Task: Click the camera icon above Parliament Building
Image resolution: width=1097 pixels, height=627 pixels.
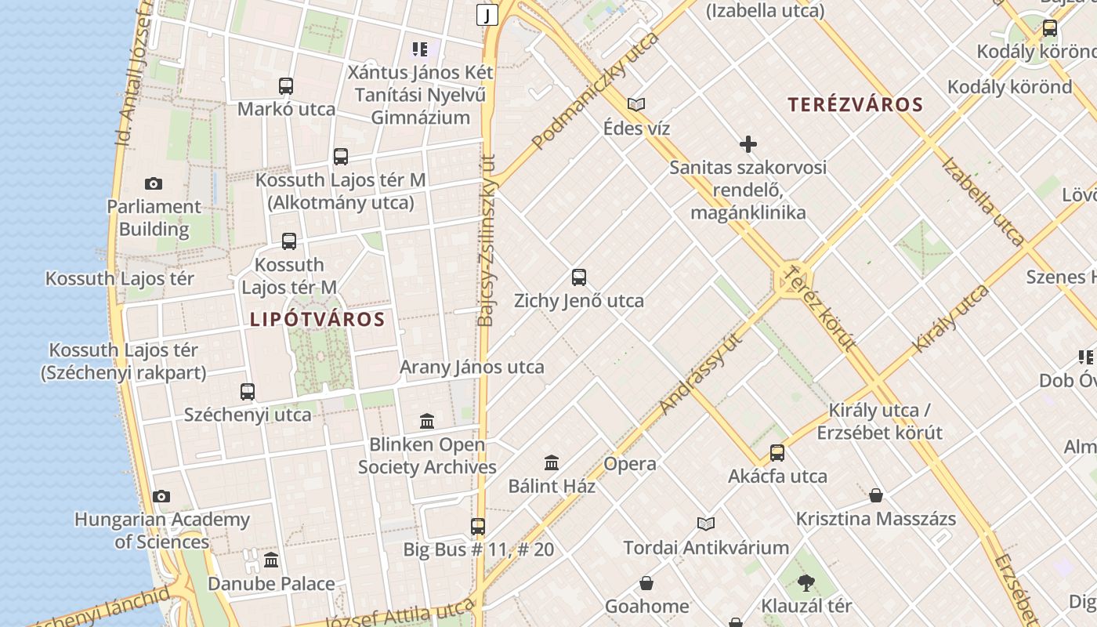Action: pyautogui.click(x=154, y=184)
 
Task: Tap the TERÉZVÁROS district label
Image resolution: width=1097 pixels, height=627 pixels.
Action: pyautogui.click(x=855, y=104)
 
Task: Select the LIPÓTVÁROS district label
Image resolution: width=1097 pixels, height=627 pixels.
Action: pyautogui.click(x=317, y=319)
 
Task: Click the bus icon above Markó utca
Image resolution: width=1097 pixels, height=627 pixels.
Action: pyautogui.click(x=286, y=86)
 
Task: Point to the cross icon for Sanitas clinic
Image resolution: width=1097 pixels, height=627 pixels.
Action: pyautogui.click(x=748, y=144)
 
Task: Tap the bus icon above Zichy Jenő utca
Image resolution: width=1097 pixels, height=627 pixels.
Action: pyautogui.click(x=579, y=277)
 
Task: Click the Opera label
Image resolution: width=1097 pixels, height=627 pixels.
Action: pyautogui.click(x=630, y=463)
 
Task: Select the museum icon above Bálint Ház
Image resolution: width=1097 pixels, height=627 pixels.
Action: pyautogui.click(x=552, y=463)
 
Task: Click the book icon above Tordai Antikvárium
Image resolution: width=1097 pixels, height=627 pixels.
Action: pyautogui.click(x=706, y=524)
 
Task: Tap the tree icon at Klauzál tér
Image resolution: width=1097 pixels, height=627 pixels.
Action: pyautogui.click(x=806, y=583)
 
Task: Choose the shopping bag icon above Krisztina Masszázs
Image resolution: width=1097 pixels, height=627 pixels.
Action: pyautogui.click(x=876, y=495)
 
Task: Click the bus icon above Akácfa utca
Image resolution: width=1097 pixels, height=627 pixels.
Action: pyautogui.click(x=777, y=453)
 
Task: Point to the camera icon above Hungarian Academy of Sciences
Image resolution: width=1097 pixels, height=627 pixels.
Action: pyautogui.click(x=161, y=496)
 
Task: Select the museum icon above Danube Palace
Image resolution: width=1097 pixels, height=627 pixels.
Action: pyautogui.click(x=271, y=560)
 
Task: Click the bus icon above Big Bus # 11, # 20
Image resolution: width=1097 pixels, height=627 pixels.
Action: pyautogui.click(x=478, y=527)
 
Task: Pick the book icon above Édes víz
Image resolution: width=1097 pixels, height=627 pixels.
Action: pyautogui.click(x=636, y=104)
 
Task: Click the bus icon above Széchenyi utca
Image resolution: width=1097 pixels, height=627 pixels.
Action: pyautogui.click(x=248, y=391)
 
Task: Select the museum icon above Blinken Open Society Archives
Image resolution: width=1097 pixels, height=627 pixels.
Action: pyautogui.click(x=427, y=422)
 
